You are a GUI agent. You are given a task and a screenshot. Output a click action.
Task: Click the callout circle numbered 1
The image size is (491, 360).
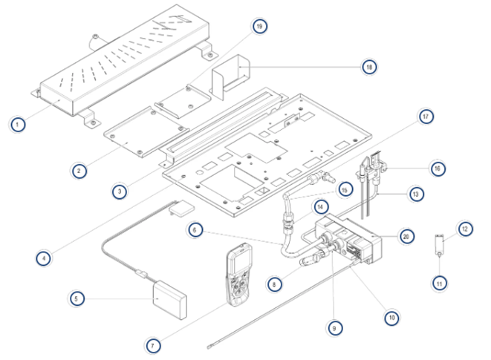18,124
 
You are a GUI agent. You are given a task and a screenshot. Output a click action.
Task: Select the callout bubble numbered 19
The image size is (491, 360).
259,27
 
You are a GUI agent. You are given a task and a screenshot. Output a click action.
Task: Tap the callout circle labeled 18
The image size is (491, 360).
369,67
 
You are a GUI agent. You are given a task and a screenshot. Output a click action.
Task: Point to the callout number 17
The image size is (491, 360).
426,117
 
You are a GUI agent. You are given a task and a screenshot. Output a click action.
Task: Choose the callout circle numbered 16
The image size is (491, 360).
438,168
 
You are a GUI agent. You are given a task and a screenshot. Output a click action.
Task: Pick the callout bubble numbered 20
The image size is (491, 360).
406,236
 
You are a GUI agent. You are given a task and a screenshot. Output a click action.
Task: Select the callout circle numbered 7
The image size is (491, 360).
152,345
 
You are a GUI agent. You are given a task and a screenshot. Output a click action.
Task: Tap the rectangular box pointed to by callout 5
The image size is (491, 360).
170,298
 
